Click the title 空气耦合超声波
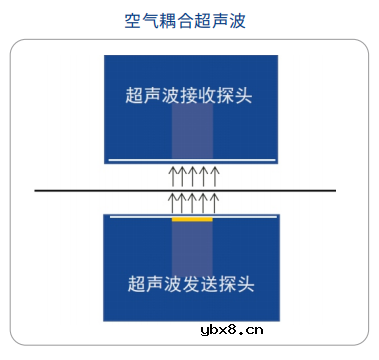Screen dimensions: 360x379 [189, 20]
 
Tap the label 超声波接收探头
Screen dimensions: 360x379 [190, 96]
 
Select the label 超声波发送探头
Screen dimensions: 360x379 [190, 284]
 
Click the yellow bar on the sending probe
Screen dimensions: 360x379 [192, 219]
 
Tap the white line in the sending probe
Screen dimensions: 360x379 [250, 216]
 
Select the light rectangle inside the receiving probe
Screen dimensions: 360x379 [192, 130]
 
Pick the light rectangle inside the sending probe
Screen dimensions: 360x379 [192, 250]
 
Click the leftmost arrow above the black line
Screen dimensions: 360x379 [172, 177]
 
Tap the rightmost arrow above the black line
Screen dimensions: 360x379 [215, 177]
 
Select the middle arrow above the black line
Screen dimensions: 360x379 [193, 177]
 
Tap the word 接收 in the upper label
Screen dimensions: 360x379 [200, 96]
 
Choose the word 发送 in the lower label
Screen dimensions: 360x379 [200, 284]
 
